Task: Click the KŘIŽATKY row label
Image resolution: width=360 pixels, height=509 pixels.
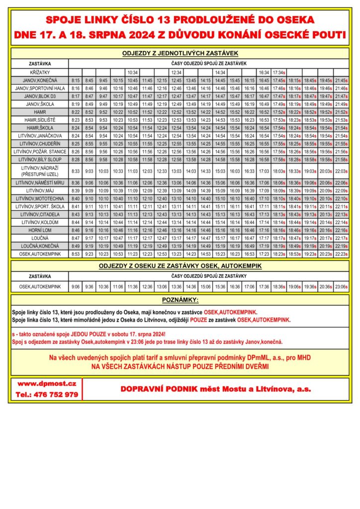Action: click(39, 72)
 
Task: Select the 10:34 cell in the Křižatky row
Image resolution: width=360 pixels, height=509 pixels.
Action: click(132, 72)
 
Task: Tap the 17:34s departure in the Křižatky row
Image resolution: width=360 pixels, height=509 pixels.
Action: click(279, 72)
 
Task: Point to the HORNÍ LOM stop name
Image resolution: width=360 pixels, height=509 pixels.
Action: click(39, 230)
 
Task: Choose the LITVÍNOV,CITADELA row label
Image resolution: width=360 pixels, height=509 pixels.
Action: click(39, 214)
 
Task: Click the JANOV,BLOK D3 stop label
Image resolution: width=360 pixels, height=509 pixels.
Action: click(39, 96)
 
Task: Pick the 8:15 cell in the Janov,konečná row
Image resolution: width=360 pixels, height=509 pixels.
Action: click(76, 80)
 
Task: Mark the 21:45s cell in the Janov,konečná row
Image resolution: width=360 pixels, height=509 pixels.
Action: click(341, 80)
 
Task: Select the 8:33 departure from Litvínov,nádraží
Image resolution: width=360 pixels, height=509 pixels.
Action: click(76, 170)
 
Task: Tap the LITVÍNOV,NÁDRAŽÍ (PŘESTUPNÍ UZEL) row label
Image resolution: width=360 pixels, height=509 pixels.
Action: click(39, 170)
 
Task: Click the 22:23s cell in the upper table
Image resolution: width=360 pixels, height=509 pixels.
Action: click(341, 254)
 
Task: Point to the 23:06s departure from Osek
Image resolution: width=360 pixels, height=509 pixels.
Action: click(341, 286)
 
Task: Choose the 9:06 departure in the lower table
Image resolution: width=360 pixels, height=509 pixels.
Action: click(76, 286)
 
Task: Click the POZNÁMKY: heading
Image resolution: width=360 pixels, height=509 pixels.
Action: click(180, 300)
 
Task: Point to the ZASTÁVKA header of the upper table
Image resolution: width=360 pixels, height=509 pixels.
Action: click(39, 64)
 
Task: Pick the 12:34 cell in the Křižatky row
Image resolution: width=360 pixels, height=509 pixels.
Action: click(177, 72)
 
